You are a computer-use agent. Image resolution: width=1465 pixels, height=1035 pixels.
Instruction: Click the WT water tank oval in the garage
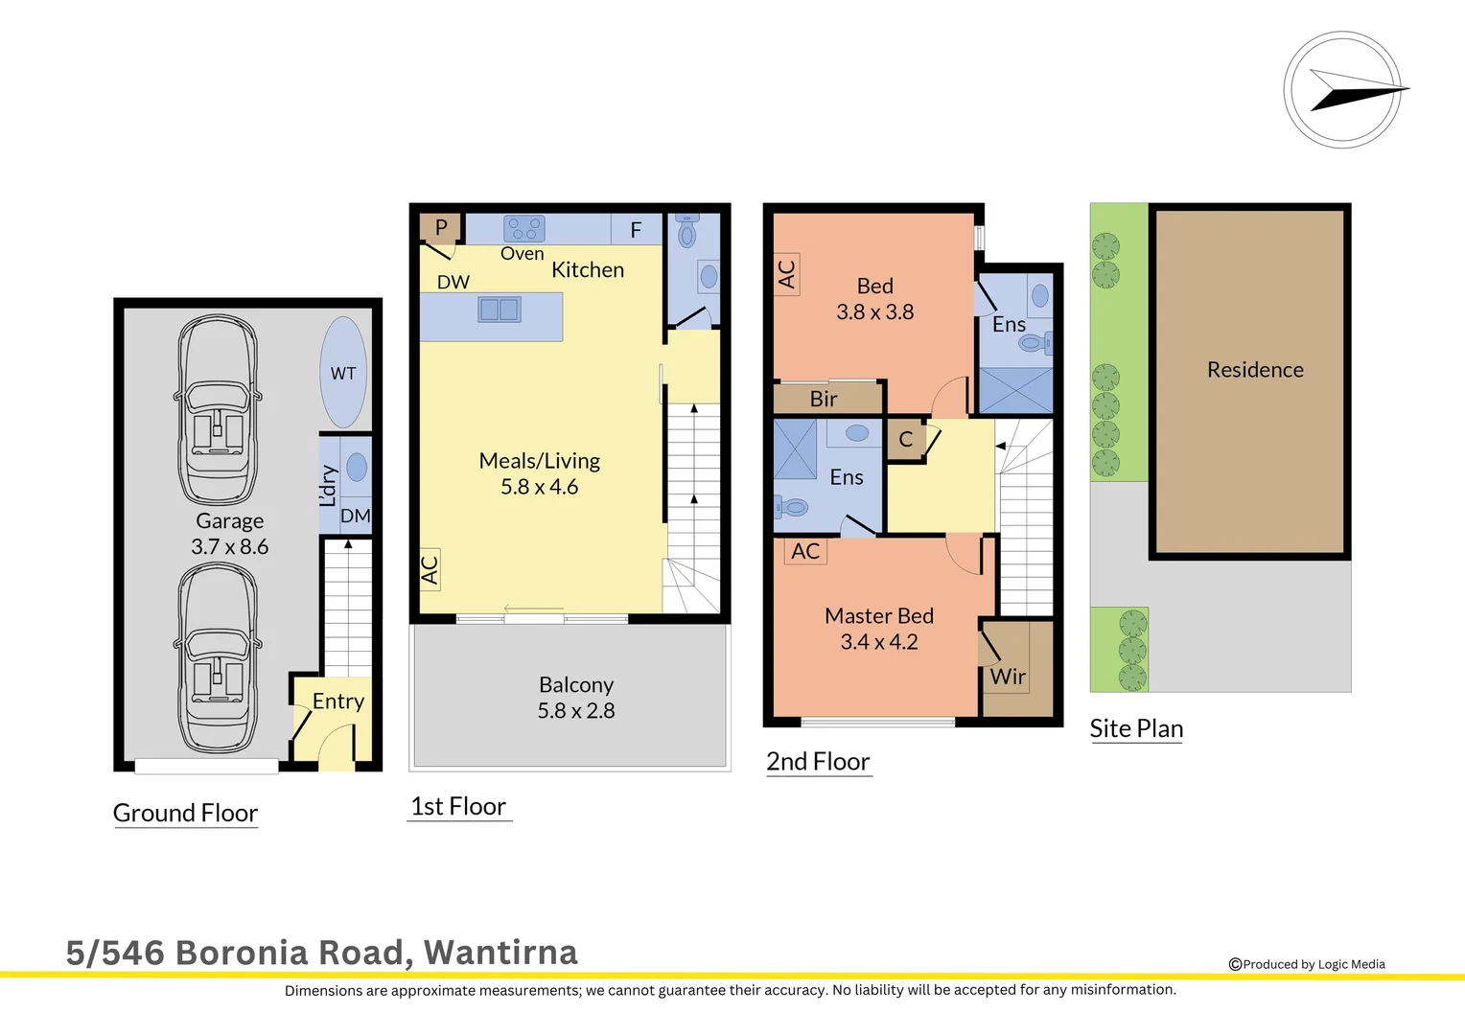pos(343,373)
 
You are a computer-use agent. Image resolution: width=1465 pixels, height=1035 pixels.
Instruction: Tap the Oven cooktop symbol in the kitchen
pos(524,228)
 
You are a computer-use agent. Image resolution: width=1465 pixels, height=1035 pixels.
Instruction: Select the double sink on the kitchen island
pos(499,310)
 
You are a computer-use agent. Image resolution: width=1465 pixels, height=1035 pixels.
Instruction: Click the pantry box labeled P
pos(441,227)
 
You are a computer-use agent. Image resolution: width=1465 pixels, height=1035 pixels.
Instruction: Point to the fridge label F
pos(636,230)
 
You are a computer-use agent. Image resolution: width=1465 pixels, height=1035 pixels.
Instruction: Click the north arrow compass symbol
pos(1343,90)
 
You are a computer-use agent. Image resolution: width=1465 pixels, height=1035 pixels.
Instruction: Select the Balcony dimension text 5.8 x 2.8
pos(575,711)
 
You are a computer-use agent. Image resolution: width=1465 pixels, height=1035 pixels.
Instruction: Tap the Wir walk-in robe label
pos(1008,677)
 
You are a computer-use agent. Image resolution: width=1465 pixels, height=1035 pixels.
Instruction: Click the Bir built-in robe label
pos(824,399)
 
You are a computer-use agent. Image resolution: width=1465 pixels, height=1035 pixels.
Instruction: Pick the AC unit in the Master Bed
pos(805,551)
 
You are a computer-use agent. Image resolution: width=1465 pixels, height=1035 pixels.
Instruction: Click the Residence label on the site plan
pos(1255,370)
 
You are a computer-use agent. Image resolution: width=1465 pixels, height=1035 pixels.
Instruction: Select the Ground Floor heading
pos(186,813)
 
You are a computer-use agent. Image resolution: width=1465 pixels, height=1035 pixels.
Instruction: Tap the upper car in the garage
pos(218,410)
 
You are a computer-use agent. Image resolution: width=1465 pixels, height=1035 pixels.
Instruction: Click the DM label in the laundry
pos(356,516)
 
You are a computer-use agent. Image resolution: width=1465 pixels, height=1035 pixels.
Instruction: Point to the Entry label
pos(338,701)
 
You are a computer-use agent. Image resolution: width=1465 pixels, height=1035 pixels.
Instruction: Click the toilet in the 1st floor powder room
pos(687,232)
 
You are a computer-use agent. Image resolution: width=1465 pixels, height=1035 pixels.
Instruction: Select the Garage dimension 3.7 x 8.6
pos(229,547)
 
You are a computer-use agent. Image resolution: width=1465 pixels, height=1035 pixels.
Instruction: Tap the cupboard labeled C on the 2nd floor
pos(906,440)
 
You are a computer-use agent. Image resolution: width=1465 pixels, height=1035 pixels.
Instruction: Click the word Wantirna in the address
pos(500,953)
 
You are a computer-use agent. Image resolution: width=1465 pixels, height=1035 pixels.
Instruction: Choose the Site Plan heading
pos(1136,728)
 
